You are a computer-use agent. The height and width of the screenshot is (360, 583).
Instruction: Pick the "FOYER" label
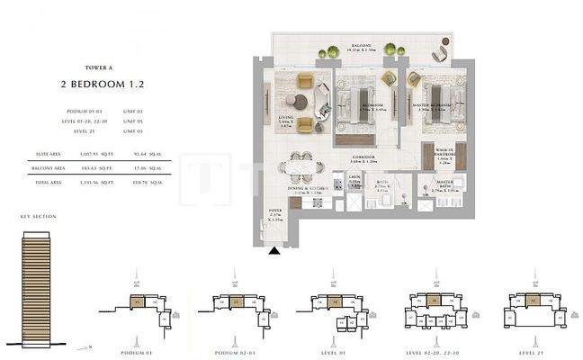[275, 213]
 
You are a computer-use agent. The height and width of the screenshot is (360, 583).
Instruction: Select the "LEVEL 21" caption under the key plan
[525, 340]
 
